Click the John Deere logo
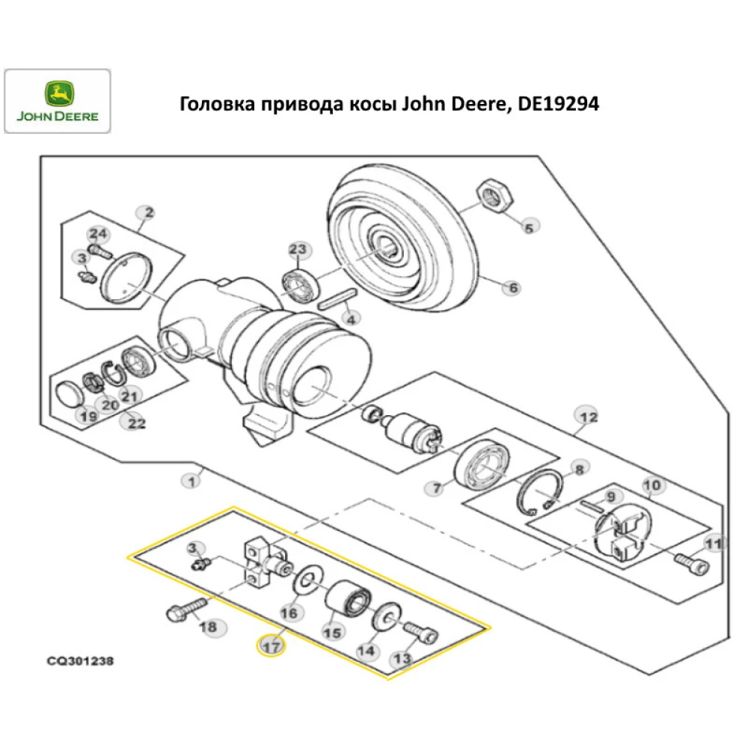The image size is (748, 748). [58, 102]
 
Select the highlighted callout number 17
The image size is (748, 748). [271, 646]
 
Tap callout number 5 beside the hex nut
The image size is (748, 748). [529, 227]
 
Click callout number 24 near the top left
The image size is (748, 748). [99, 233]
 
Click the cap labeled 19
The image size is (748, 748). [72, 393]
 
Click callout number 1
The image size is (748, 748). [192, 481]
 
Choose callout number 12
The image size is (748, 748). [587, 416]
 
